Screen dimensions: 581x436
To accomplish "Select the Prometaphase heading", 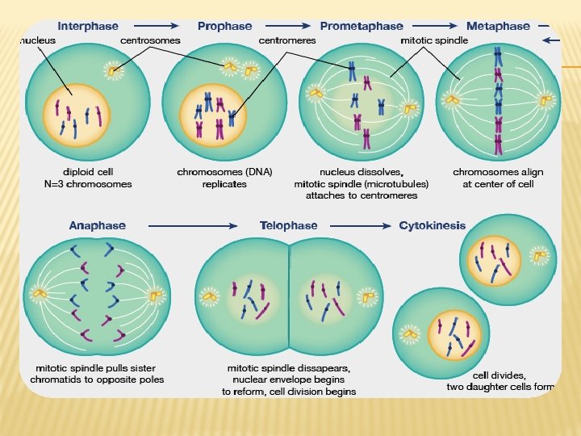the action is (362, 26).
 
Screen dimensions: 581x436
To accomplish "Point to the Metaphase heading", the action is (498, 26).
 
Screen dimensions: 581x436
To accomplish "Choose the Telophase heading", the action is (288, 225).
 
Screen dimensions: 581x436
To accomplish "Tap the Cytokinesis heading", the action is (433, 225).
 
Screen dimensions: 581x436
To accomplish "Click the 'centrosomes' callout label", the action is (151, 39).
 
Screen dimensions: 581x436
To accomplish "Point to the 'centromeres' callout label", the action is (286, 39).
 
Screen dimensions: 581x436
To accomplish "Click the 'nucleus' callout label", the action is (36, 39).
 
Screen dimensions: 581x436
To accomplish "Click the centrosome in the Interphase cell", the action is (114, 70).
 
